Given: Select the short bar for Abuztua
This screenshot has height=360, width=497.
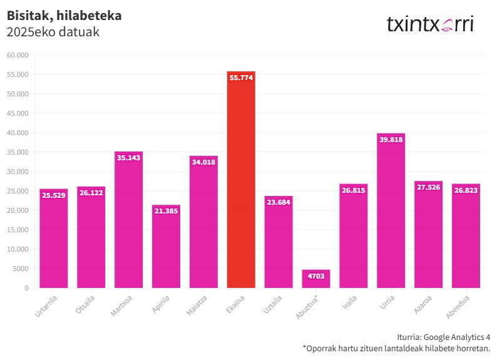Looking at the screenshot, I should pos(316,279).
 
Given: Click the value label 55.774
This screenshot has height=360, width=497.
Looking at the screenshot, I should pos(241,78).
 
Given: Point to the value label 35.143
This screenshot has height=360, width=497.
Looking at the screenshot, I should pos(128,158).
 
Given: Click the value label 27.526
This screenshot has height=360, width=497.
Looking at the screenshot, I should pos(429,187).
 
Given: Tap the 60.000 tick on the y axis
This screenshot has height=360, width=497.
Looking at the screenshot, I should pos(18,55).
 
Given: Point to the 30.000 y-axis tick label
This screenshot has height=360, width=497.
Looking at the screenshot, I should pos(18,172).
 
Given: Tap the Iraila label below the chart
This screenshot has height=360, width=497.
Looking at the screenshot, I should pos(351,302).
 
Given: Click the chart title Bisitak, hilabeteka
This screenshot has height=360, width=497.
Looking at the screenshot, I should pos(64,16).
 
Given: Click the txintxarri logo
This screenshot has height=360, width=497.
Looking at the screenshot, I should pos(430,24).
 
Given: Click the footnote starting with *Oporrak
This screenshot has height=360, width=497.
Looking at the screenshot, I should pos(396,348).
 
